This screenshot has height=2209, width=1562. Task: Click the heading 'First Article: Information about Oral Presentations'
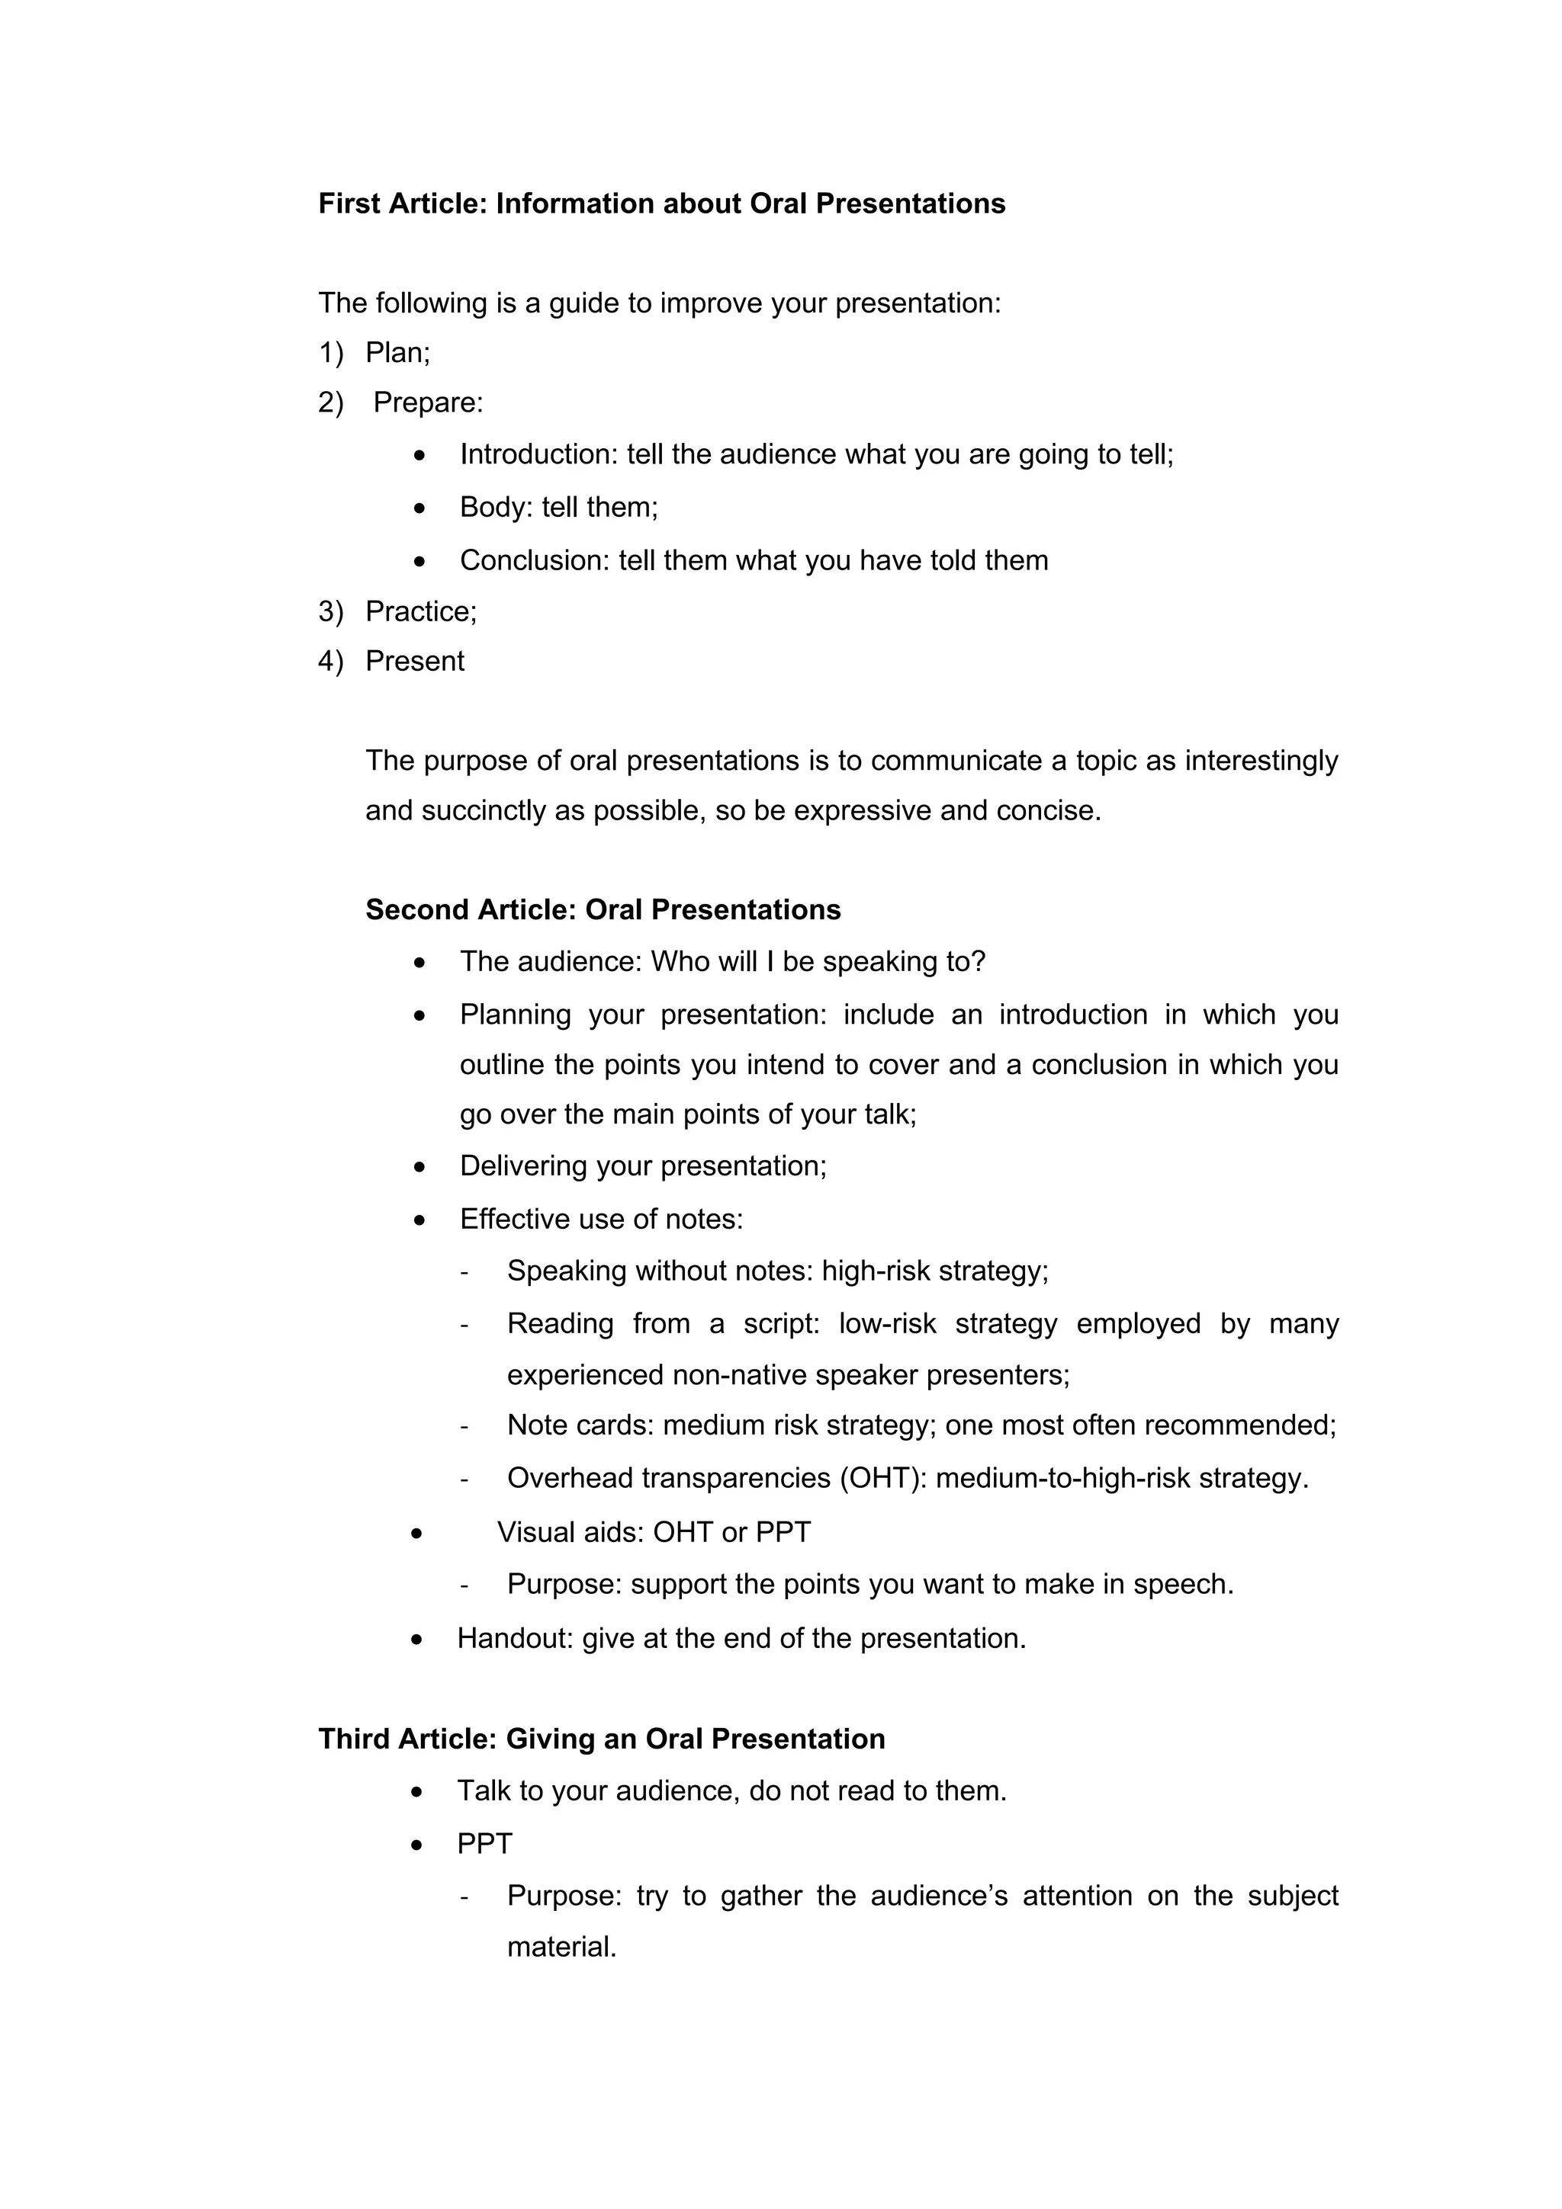[x=661, y=204]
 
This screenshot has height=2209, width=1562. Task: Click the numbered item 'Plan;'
[x=397, y=353]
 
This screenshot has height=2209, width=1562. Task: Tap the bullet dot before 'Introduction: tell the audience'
[x=419, y=456]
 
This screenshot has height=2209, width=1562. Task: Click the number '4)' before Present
[x=330, y=662]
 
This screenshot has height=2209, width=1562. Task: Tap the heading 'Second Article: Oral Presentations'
[x=603, y=910]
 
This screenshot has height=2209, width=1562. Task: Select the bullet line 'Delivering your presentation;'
[x=643, y=1166]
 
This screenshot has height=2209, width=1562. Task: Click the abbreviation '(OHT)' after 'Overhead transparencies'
[x=882, y=1478]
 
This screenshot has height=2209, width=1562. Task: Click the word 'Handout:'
[x=515, y=1639]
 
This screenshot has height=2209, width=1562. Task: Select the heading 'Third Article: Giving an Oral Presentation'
[x=602, y=1739]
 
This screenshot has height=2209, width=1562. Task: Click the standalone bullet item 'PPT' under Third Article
[x=484, y=1845]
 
